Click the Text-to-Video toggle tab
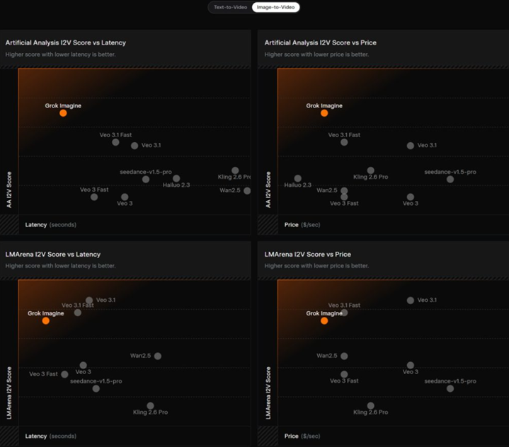click(x=231, y=7)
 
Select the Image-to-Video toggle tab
click(x=275, y=7)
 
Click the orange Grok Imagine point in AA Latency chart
click(x=63, y=113)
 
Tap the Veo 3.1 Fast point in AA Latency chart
click(x=116, y=142)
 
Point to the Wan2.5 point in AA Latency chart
click(x=247, y=190)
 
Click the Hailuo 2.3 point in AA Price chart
click(x=298, y=178)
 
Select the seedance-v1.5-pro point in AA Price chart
click(x=450, y=179)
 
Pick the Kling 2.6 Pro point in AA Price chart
click(x=371, y=170)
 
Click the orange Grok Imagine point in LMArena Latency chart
click(x=46, y=320)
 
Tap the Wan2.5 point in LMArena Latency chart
click(x=158, y=356)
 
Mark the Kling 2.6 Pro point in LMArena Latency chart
click(x=151, y=406)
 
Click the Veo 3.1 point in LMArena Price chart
click(x=411, y=301)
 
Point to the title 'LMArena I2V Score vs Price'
click(x=308, y=254)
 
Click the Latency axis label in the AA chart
click(x=36, y=225)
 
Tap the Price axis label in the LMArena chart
click(x=292, y=436)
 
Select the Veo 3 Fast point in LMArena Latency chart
click(x=64, y=374)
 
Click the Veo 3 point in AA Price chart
click(x=411, y=197)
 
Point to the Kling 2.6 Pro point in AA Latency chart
click(x=235, y=170)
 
